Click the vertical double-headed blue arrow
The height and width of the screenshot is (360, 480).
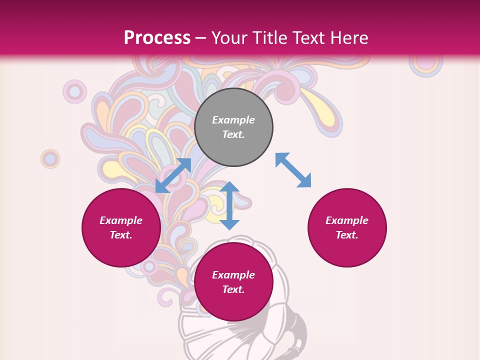[x=229, y=205]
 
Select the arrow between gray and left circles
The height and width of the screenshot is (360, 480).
[x=173, y=175]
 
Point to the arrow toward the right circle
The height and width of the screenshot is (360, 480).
[x=293, y=170]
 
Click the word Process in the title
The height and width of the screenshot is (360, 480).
[x=157, y=37]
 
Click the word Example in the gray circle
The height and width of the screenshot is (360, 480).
[x=233, y=120]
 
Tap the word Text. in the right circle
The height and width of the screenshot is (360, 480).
[x=347, y=235]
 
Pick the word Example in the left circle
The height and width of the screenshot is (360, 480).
[x=121, y=220]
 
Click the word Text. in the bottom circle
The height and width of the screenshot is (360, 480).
[x=233, y=289]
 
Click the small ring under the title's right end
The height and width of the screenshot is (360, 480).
[x=425, y=62]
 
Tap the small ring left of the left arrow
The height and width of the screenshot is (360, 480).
[x=50, y=159]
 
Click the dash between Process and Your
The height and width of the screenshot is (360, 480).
[x=201, y=38]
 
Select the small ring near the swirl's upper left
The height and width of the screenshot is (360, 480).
[x=74, y=91]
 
